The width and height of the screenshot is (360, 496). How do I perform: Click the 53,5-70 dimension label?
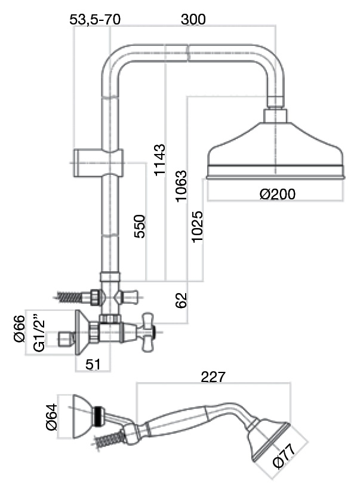[95, 20]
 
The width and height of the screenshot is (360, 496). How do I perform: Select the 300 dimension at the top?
[193, 20]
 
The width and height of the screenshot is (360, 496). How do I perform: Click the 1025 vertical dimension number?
[198, 227]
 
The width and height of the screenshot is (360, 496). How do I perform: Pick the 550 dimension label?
[140, 226]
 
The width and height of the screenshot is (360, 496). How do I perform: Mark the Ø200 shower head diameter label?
[277, 195]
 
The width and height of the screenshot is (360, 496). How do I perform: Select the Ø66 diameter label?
[19, 329]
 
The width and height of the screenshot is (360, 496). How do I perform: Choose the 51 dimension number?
[93, 365]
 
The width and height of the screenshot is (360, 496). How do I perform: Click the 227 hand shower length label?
[213, 377]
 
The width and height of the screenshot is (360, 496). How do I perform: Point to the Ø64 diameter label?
[51, 418]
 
